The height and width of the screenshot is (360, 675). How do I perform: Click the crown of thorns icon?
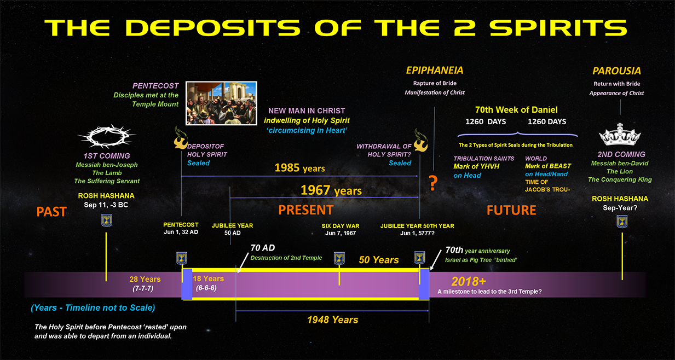tap(106, 136)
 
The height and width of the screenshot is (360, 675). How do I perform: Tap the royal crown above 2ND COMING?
tap(620, 135)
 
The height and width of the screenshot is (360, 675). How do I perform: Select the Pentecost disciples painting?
tap(221, 103)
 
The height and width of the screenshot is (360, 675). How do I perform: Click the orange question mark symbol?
tap(433, 183)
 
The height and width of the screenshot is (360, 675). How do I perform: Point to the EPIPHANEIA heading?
tap(435, 71)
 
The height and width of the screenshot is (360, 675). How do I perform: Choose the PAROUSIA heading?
tap(616, 71)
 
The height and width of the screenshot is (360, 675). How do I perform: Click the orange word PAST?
tap(51, 212)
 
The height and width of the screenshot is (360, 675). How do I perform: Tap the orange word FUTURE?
tap(511, 210)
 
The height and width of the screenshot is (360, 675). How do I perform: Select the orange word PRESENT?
tap(305, 210)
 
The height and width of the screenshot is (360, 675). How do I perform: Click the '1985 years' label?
tap(299, 168)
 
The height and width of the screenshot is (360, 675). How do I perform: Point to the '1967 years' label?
tap(331, 190)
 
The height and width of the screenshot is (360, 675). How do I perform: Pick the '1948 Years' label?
tap(333, 320)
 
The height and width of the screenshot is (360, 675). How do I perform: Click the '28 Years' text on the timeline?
tap(145, 279)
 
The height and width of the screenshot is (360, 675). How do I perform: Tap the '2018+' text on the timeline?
tap(469, 282)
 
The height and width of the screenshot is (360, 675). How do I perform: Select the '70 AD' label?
tap(263, 248)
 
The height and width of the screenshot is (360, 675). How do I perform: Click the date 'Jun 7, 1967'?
tap(341, 233)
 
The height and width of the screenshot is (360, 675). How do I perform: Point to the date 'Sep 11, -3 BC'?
tap(106, 205)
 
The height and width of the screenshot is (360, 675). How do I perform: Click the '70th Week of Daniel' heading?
tap(516, 110)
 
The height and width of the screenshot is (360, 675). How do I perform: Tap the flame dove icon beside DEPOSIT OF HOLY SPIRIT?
tap(180, 138)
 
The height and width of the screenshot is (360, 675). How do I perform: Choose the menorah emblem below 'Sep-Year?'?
tap(622, 222)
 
